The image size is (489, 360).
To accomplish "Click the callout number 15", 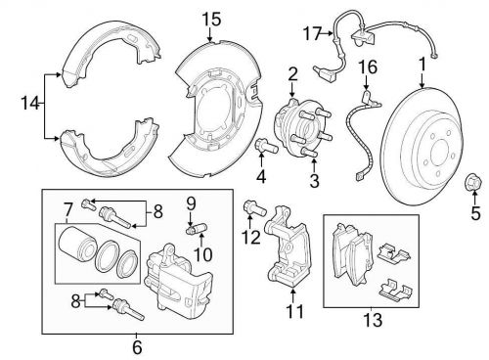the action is click(211, 19).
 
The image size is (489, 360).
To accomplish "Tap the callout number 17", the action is click(312, 33).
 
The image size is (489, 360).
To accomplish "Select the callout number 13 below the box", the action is click(373, 320).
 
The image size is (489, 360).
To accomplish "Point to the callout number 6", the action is click(137, 347).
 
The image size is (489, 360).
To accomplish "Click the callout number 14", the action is click(30, 103).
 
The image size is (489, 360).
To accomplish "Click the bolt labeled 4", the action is click(266, 147).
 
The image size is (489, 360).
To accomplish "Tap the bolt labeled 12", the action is click(255, 207).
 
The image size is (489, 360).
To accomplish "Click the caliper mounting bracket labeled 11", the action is click(287, 247).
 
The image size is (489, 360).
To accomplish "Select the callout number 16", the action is click(368, 67).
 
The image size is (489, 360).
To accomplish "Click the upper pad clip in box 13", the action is click(394, 253).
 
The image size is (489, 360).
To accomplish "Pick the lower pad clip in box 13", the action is click(397, 291).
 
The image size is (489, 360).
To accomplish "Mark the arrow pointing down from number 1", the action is click(422, 80).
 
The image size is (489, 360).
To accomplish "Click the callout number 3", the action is click(314, 181).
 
